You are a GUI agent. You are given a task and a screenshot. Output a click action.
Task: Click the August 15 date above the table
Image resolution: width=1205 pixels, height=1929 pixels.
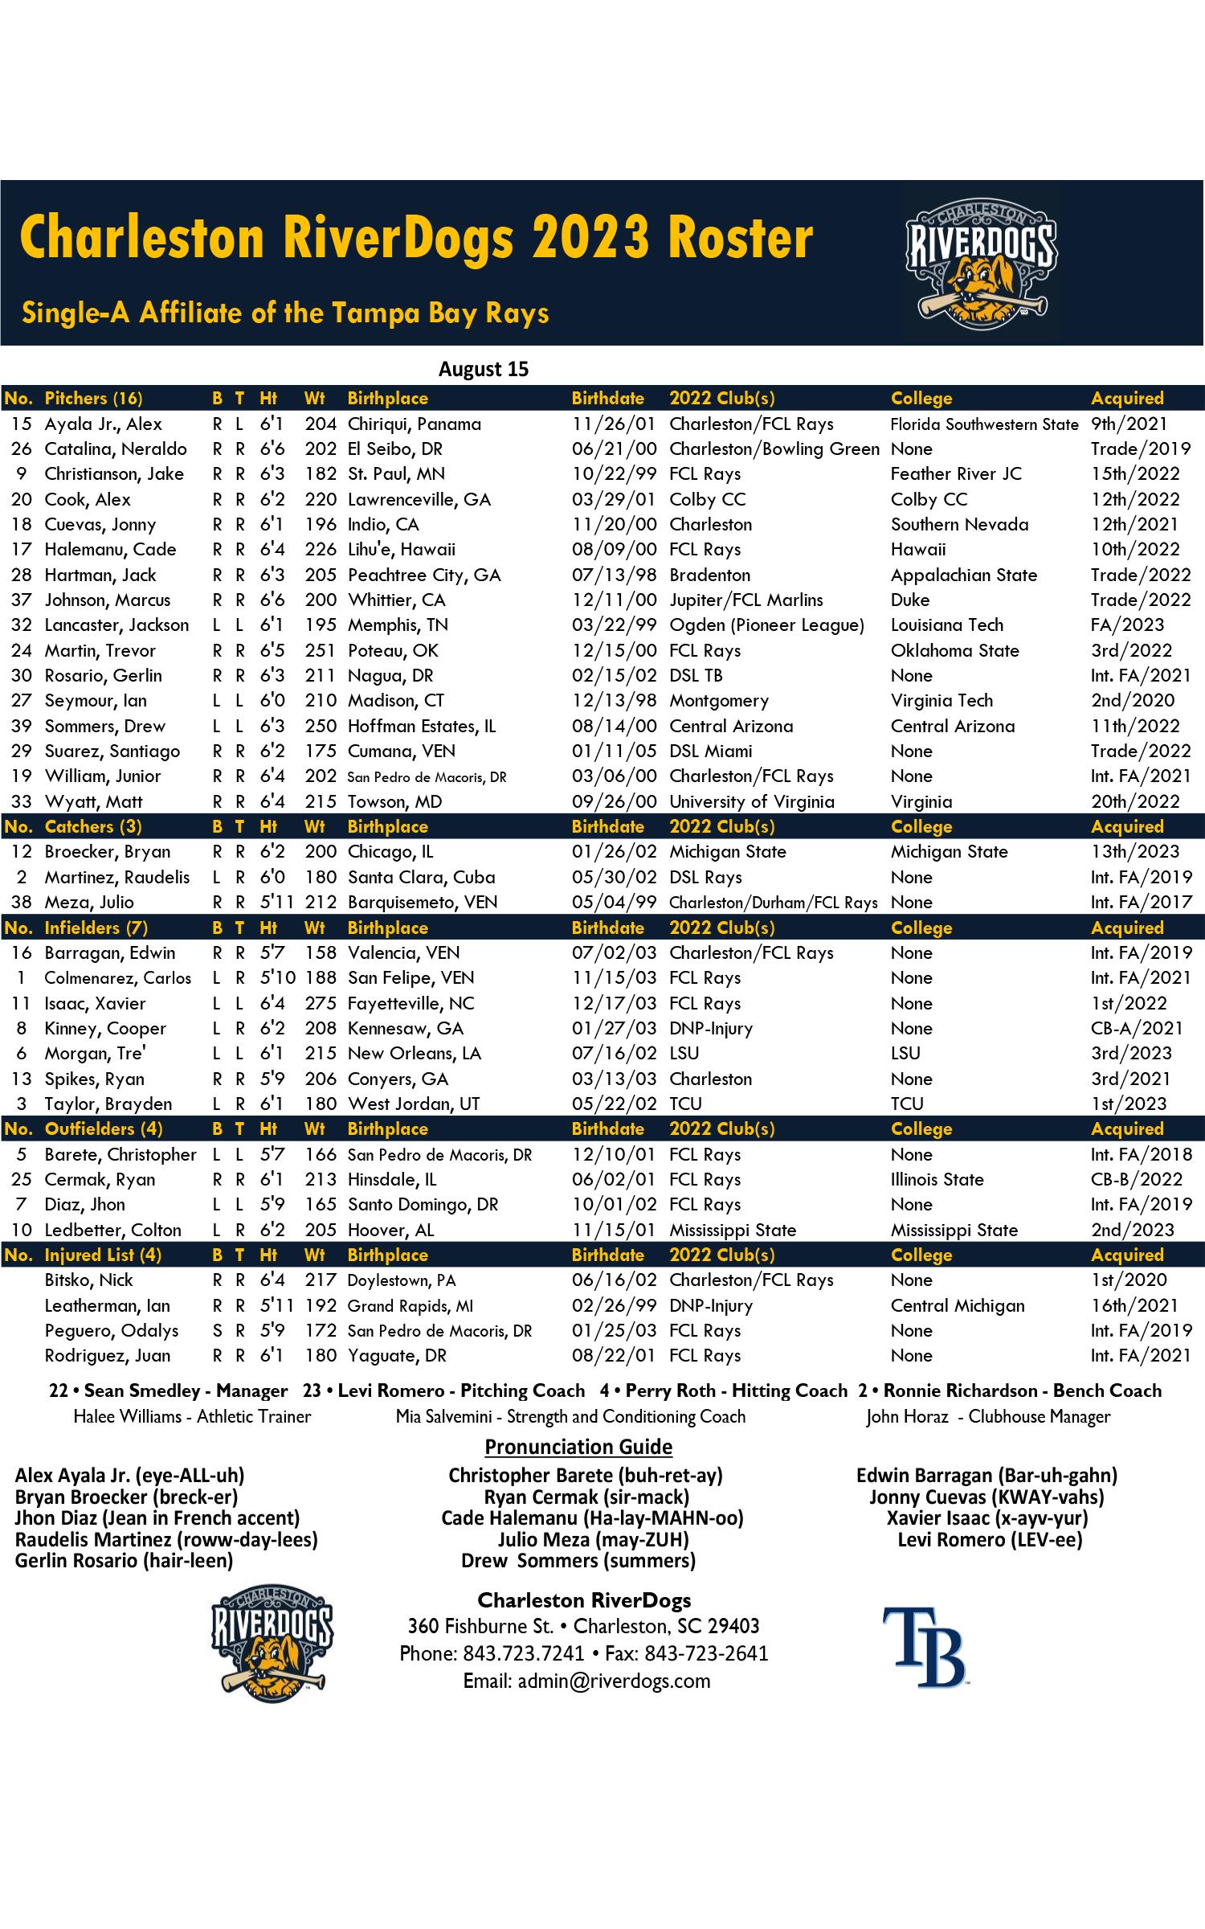pyautogui.click(x=484, y=369)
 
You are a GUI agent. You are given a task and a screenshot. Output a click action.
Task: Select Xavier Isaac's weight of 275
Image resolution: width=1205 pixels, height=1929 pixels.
pyautogui.click(x=321, y=1003)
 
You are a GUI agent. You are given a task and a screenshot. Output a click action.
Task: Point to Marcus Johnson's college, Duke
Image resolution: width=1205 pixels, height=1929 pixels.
pyautogui.click(x=910, y=600)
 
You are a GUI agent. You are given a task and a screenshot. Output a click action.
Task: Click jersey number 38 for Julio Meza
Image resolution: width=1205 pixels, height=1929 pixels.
pyautogui.click(x=21, y=902)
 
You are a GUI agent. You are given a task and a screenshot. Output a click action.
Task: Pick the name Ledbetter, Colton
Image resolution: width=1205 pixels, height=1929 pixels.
pyautogui.click(x=112, y=1230)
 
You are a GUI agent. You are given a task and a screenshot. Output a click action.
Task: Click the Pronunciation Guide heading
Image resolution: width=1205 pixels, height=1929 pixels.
pyautogui.click(x=578, y=1447)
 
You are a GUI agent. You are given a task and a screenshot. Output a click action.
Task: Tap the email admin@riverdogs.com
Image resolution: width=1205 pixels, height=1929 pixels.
pyautogui.click(x=586, y=1681)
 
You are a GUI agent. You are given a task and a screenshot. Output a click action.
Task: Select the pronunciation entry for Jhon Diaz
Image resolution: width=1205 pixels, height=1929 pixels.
pyautogui.click(x=157, y=1517)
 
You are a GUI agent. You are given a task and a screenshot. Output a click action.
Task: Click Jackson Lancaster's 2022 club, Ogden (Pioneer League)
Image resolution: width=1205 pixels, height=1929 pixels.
pyautogui.click(x=766, y=625)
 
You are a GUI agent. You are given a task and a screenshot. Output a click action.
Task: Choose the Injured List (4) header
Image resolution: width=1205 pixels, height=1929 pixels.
pyautogui.click(x=103, y=1255)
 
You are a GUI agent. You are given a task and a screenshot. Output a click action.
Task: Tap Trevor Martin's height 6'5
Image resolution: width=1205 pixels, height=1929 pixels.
pyautogui.click(x=272, y=650)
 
